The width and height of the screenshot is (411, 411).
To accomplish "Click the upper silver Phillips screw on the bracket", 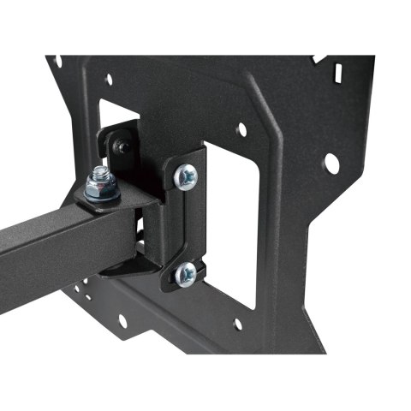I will tap(185, 176).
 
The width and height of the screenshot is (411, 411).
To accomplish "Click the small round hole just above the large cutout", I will tap(241, 129).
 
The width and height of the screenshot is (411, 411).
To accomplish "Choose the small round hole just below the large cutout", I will tap(237, 325).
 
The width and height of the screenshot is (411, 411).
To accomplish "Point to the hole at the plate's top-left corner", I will tap(57, 61).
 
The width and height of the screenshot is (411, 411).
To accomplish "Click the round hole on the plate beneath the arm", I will tap(123, 321).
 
